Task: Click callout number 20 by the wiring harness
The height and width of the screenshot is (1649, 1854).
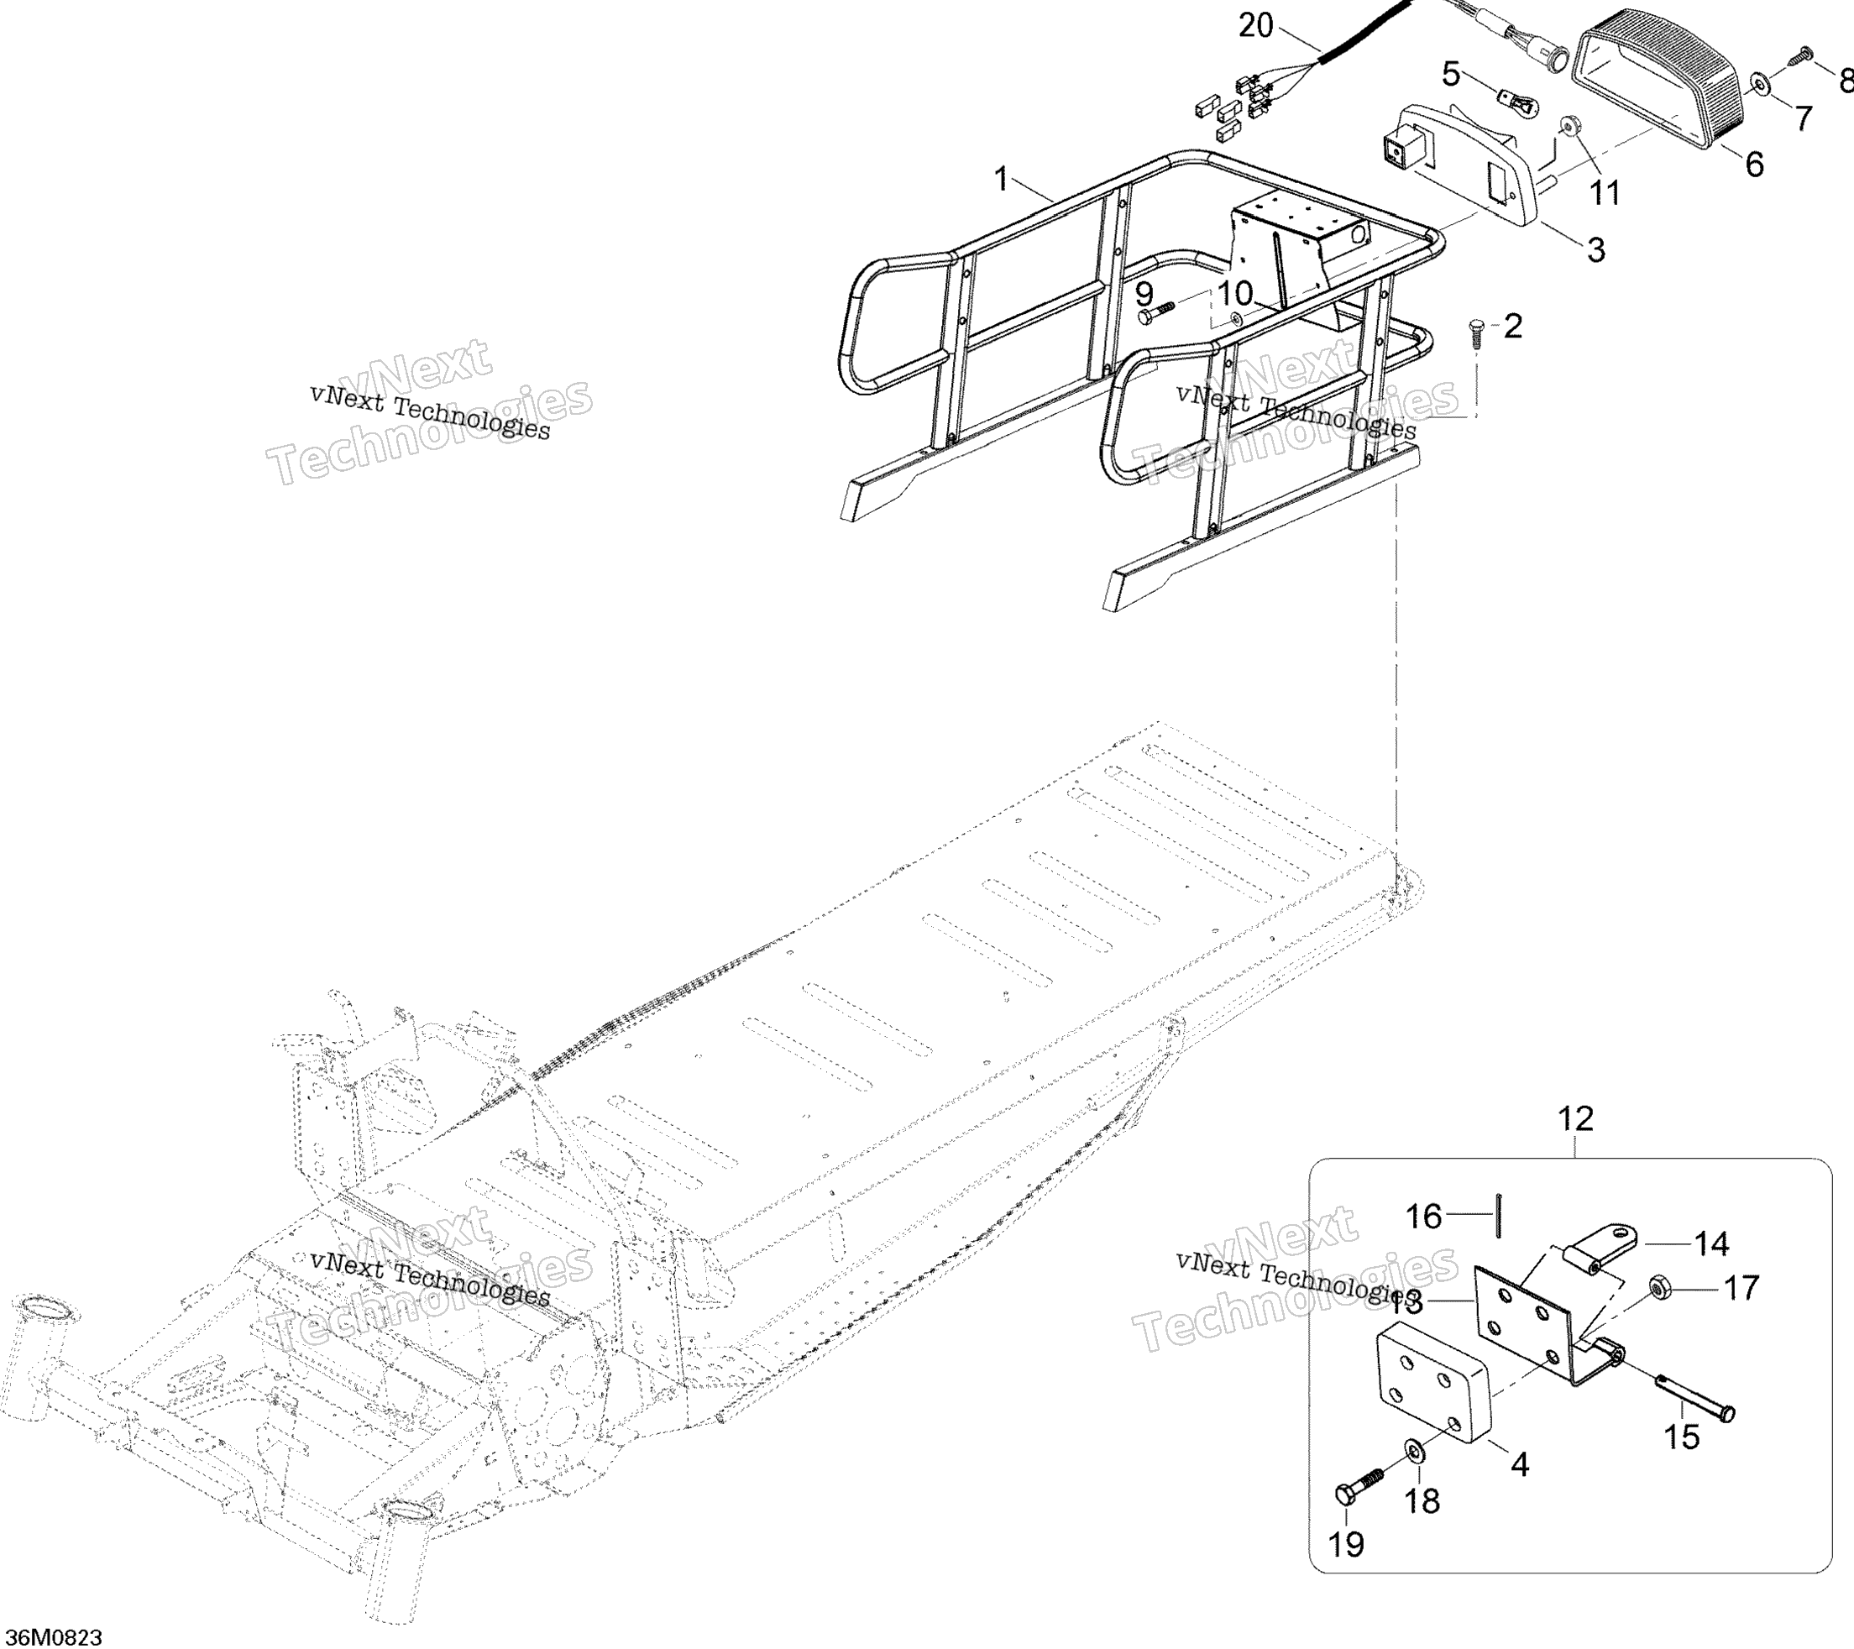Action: [x=1255, y=26]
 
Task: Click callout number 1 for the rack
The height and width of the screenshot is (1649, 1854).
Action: [x=1000, y=179]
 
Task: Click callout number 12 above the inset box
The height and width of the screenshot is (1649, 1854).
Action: [x=1575, y=1119]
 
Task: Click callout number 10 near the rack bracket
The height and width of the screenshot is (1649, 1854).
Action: [x=1234, y=294]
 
